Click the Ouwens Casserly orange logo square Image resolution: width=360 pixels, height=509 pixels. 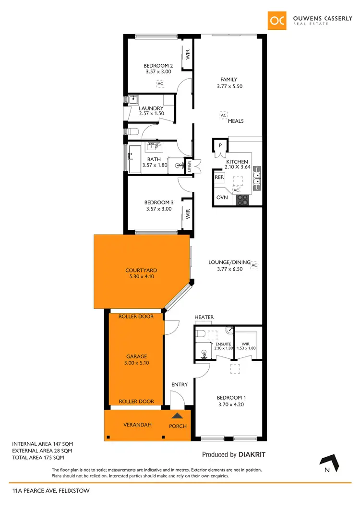277,20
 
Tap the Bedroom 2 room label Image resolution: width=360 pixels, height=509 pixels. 158,66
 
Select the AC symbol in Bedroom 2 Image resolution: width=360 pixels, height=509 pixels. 160,83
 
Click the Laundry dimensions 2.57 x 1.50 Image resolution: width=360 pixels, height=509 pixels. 151,114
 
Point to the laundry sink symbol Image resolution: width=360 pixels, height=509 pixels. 133,100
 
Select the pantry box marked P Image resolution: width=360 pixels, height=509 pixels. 220,145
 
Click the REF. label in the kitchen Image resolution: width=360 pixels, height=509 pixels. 220,178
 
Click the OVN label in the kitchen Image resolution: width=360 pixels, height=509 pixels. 222,198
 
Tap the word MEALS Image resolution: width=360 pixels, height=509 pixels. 236,121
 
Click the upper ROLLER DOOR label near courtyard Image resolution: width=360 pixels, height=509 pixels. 136,316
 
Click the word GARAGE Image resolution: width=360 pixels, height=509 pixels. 136,356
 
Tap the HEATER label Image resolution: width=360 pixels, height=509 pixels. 204,318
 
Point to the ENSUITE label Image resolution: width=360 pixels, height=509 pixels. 223,344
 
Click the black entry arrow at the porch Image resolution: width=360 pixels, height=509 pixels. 178,416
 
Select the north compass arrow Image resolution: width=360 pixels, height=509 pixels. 331,461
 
